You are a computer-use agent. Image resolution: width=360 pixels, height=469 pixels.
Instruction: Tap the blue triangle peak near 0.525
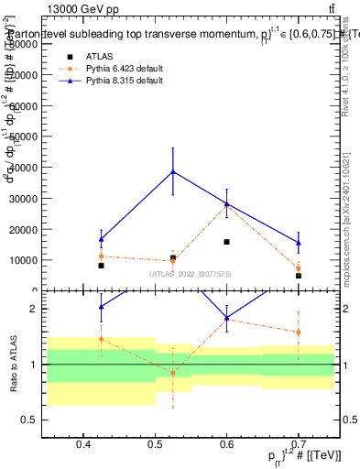coord(172,171)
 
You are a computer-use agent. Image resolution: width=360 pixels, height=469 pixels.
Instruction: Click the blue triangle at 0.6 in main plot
coord(226,203)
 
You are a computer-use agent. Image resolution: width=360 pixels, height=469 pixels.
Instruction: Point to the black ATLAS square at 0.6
coord(226,242)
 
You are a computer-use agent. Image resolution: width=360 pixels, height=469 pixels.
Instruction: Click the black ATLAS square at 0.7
coord(299,276)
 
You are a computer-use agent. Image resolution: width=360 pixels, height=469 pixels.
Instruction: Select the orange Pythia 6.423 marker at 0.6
coord(226,207)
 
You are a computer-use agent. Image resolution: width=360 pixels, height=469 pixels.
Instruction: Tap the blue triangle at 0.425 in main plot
coord(101,239)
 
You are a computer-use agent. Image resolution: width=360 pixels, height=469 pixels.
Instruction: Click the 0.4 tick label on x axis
coord(83,444)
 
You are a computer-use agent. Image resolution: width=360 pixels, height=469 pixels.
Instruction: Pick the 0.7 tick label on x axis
coord(299,444)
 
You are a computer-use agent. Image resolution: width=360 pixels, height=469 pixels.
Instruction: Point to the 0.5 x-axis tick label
coord(155,444)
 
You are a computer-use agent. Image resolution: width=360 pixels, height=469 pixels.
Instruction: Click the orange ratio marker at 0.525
coord(172,373)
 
